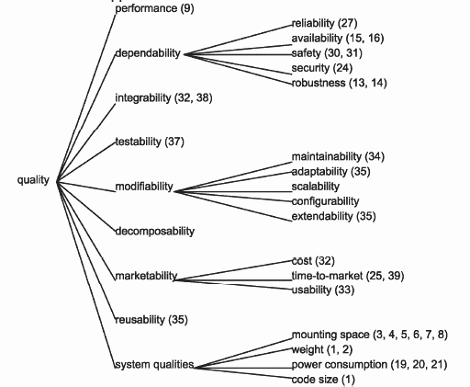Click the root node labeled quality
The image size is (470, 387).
[x=33, y=180]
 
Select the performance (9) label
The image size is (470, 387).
[x=154, y=8]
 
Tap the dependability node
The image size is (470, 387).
[x=148, y=53]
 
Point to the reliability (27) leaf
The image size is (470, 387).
[x=325, y=23]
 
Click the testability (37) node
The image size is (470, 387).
[x=150, y=142]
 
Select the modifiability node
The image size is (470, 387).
[x=144, y=187]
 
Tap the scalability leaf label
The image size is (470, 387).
[x=316, y=187]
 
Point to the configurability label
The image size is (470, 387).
[x=325, y=201]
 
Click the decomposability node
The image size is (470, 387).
[x=155, y=231]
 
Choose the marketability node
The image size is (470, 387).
[x=146, y=276]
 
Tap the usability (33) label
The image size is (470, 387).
[x=323, y=290]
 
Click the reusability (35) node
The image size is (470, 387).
[x=151, y=320]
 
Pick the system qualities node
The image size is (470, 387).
[x=154, y=365]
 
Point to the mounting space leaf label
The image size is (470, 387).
[x=330, y=335]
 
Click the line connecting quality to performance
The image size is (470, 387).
[x=86, y=97]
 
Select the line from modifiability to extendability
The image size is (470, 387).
[x=233, y=206]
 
